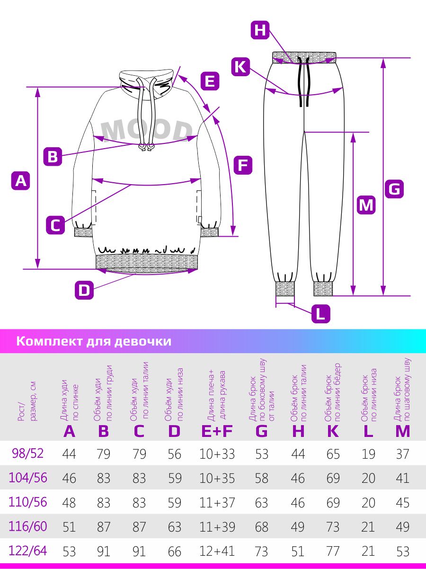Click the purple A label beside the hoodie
point(20,180)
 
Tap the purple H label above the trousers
point(260,30)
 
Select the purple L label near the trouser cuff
point(321,314)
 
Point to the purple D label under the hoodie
point(84,290)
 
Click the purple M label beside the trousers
point(366,205)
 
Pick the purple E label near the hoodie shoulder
point(210,81)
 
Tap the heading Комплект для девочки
point(94,341)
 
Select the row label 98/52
point(28,453)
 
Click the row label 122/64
point(28,551)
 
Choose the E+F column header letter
point(217,431)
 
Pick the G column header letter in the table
point(261,431)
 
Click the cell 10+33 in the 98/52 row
point(217,454)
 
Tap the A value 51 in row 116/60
point(69,527)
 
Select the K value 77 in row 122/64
point(333,551)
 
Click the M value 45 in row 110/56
point(402,503)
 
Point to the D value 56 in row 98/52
point(174,454)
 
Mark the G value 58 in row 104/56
point(261,478)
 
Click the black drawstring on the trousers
point(304,81)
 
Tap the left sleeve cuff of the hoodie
point(83,232)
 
